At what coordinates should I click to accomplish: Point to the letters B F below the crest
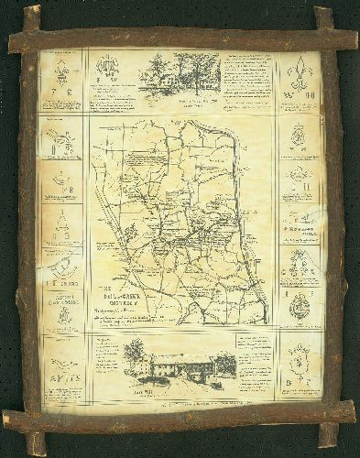(299, 377)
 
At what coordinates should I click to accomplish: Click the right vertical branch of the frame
(332, 229)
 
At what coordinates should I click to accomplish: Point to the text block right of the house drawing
(246, 78)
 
